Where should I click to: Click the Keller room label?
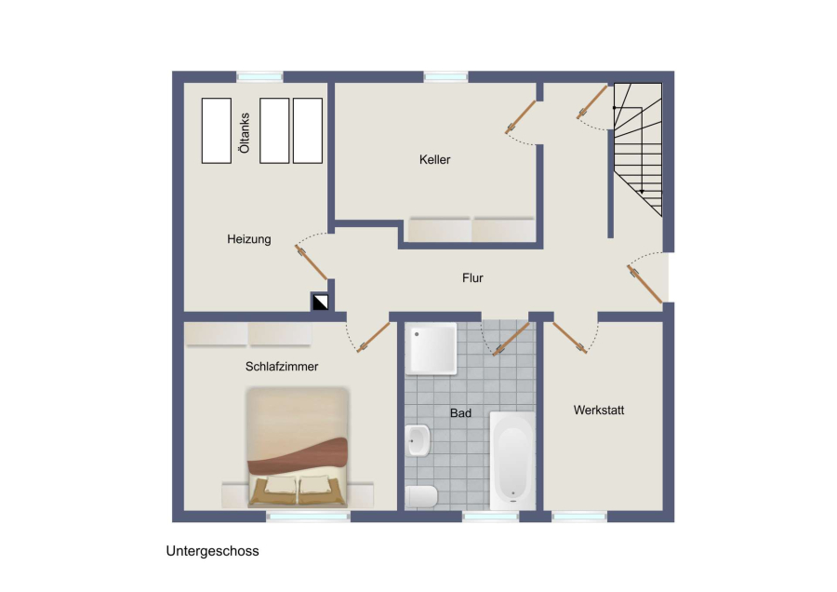click(434, 159)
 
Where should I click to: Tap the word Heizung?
click(248, 239)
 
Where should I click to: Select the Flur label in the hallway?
click(472, 277)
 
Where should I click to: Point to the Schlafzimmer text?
click(281, 367)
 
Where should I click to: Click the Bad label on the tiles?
click(460, 413)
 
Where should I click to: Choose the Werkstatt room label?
click(598, 410)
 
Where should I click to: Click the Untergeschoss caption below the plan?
click(212, 551)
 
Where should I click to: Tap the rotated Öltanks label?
click(245, 132)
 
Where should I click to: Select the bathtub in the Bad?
click(511, 461)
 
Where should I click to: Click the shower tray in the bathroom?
click(431, 348)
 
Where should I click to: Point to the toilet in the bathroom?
click(421, 496)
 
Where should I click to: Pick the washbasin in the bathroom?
click(417, 440)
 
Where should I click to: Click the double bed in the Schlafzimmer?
click(298, 447)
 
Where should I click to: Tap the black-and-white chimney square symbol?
click(320, 303)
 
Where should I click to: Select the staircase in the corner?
click(637, 149)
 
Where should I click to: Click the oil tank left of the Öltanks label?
click(216, 130)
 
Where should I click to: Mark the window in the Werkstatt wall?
click(579, 516)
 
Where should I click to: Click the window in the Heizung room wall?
click(259, 77)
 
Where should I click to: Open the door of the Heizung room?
click(312, 262)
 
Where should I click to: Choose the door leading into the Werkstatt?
click(569, 337)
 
